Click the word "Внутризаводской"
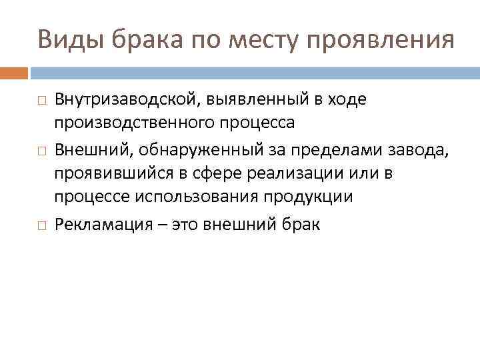click(x=123, y=99)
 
